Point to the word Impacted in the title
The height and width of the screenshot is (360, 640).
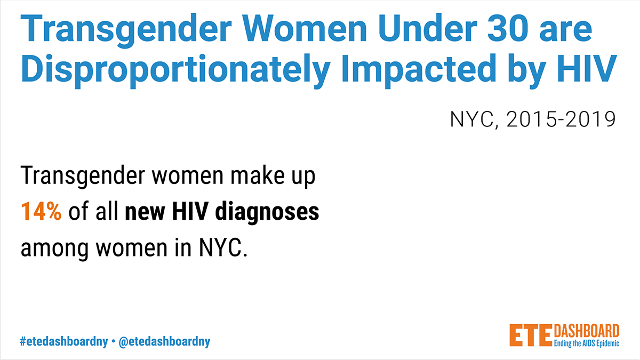419,70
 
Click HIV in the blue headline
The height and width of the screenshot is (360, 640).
587,69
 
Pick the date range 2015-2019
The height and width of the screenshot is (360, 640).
561,119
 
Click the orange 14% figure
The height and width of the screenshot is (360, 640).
41,211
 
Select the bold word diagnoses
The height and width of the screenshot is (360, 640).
267,212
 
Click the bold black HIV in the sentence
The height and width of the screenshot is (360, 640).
190,211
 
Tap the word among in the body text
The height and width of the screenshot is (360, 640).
54,249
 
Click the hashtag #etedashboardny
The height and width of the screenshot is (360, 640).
63,341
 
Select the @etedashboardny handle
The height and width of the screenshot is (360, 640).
164,341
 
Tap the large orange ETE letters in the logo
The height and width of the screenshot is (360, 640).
531,335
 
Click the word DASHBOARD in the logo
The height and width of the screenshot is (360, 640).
587,331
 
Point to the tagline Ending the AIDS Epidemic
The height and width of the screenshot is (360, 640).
587,343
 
